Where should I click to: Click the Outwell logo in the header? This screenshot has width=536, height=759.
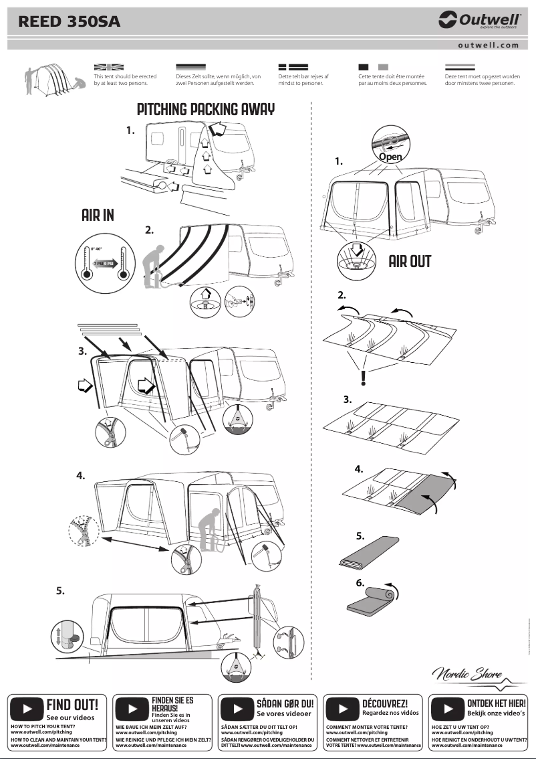[478, 21]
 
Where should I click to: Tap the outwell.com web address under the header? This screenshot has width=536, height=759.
[489, 46]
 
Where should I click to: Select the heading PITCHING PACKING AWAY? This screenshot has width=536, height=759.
[206, 110]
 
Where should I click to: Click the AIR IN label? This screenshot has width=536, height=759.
[98, 215]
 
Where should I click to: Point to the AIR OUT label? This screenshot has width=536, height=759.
[410, 261]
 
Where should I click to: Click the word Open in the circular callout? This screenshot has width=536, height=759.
[390, 156]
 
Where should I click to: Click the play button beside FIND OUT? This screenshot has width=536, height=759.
[27, 708]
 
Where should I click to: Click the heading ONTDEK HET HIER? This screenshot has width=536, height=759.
[496, 703]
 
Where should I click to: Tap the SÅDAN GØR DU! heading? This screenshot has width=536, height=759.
[285, 704]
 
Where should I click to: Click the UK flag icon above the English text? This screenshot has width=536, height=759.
[109, 68]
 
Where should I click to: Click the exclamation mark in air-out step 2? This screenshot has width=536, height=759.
[363, 378]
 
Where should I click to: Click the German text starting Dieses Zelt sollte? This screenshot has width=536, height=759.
[218, 80]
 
